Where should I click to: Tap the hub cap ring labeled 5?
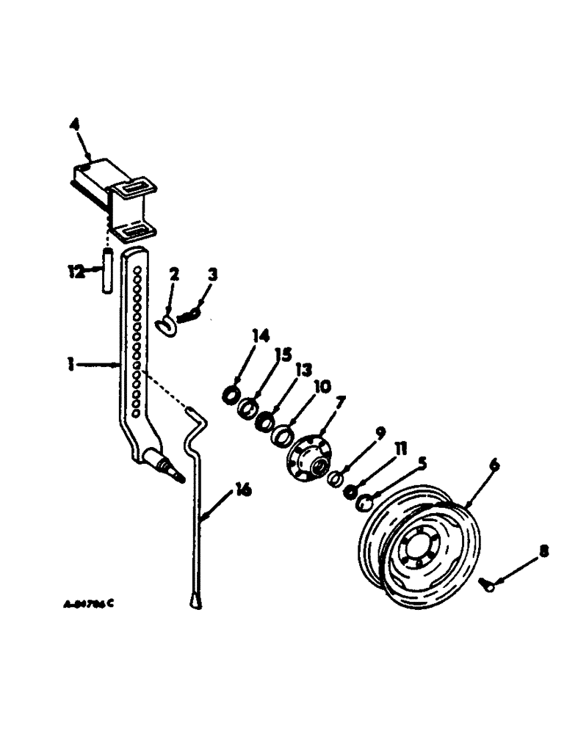366,503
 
